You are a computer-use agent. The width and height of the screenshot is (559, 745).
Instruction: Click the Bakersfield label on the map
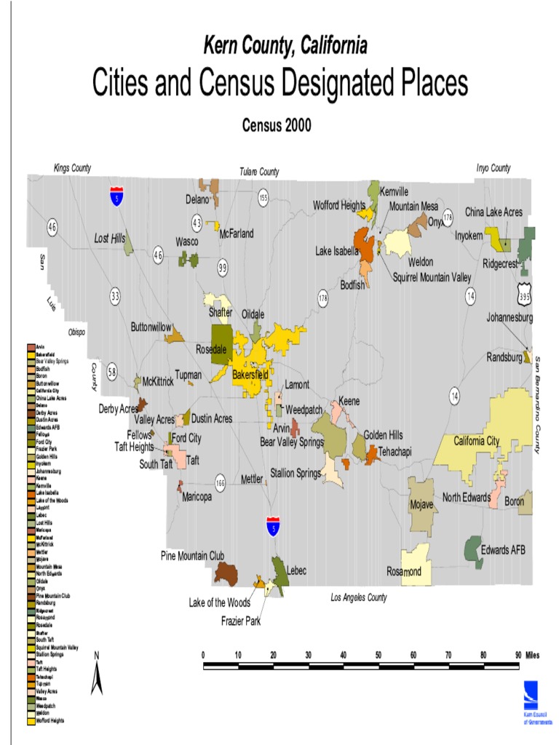pos(250,375)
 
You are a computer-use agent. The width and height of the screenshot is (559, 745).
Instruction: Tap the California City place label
pos(477,441)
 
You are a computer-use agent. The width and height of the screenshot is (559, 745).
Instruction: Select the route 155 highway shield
pos(263,197)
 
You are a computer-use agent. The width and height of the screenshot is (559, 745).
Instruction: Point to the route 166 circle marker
pos(221,482)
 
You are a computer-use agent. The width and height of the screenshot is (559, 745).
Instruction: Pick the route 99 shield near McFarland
pos(223,268)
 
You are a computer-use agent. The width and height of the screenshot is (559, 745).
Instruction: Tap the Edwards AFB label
pos(503,550)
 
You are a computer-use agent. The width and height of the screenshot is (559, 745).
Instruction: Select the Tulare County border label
pos(259,172)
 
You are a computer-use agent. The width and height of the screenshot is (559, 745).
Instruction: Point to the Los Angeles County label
pos(359,597)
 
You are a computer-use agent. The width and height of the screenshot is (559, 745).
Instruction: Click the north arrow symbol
pos(96,675)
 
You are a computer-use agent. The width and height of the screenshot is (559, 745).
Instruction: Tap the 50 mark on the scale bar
pos(378,655)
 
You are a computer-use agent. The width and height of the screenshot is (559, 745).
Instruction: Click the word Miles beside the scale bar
pos(531,655)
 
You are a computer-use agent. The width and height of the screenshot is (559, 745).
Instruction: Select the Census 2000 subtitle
pos(277,125)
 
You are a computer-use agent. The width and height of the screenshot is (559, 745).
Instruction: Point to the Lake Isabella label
pos(337,251)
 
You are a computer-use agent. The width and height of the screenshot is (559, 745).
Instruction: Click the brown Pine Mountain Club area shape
pos(226,573)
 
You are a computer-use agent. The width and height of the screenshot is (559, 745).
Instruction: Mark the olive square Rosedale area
pos(222,338)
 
